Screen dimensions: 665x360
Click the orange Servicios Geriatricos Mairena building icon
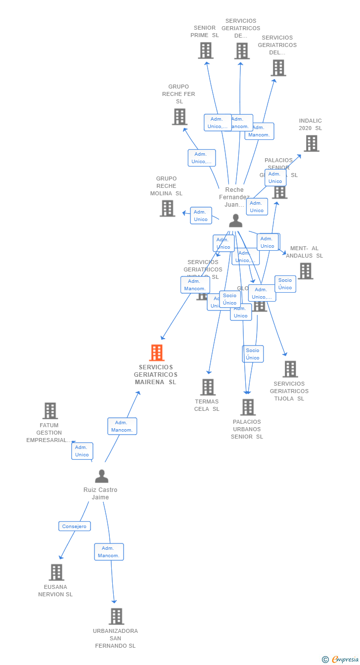coord(157,353)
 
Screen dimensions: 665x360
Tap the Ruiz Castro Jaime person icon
coord(101,476)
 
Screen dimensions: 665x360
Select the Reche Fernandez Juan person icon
coord(236,221)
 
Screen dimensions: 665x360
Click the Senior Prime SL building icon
coord(206,50)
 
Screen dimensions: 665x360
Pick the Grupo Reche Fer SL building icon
coord(180,117)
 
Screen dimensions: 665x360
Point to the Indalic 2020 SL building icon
coord(311,143)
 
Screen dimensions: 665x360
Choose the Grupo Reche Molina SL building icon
coord(168,208)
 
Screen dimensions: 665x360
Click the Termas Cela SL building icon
coord(208,387)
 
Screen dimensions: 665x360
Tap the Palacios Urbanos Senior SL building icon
coord(248,407)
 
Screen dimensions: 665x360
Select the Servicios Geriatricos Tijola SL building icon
coord(290,369)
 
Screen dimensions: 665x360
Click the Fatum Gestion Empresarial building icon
coord(50,410)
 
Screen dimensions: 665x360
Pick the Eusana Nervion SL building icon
coord(56,573)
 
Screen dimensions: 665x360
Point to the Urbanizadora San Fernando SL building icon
coord(116,617)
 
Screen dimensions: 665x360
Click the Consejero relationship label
coord(74,527)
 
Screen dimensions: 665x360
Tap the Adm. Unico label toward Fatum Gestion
coord(82,451)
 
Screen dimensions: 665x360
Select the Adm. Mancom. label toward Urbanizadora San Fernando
coord(109,552)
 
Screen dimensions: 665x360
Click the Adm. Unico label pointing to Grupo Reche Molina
coord(201,216)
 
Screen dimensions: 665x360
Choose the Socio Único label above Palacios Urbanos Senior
coord(253,354)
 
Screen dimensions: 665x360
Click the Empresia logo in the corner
coord(341,659)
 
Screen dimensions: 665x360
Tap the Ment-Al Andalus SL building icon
coord(305,271)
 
